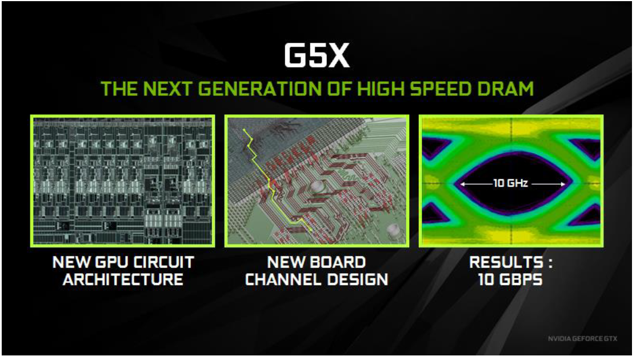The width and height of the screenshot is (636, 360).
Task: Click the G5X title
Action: tap(317, 55)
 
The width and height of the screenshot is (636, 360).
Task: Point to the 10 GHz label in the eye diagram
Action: tap(510, 183)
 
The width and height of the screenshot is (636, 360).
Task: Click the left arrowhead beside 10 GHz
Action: tap(462, 184)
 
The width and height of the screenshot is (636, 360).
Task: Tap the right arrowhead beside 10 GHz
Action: tap(562, 184)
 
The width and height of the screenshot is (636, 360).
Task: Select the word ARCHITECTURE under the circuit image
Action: tap(123, 279)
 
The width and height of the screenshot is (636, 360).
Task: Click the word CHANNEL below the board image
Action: tap(283, 279)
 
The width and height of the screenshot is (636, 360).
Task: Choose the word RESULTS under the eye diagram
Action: tap(507, 262)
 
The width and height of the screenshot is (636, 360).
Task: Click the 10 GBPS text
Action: tap(510, 279)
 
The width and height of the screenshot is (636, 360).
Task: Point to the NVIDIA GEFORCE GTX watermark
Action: tap(582, 338)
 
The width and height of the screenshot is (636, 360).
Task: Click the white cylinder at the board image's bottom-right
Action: tap(393, 230)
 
